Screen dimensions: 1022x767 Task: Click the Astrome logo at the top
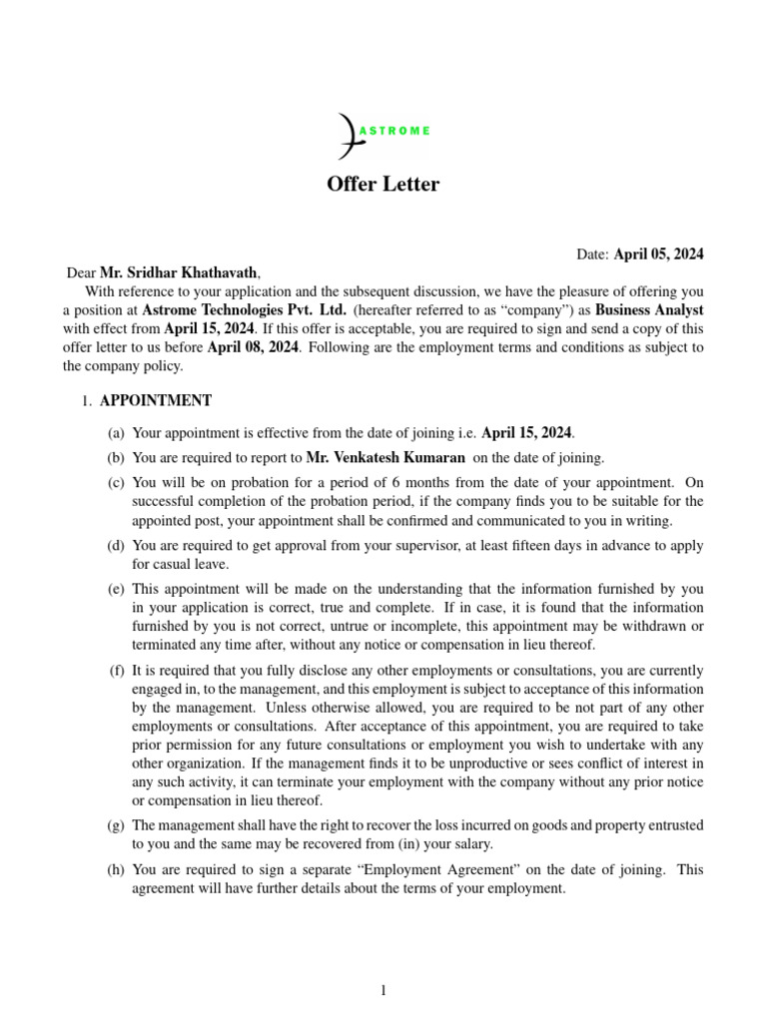click(383, 133)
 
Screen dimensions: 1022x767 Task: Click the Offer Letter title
click(383, 185)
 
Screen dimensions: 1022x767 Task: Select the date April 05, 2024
click(658, 255)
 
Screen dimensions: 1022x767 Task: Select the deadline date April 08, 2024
click(252, 347)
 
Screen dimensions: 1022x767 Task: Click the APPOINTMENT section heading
click(155, 400)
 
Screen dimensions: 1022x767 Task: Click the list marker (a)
click(118, 433)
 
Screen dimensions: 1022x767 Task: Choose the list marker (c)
click(118, 483)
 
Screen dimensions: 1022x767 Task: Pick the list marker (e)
click(118, 589)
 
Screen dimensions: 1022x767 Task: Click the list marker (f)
click(118, 670)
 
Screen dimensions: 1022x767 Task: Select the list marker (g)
click(118, 825)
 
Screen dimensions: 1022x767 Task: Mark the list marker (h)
click(118, 870)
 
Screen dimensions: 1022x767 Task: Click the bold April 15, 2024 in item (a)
click(527, 433)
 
